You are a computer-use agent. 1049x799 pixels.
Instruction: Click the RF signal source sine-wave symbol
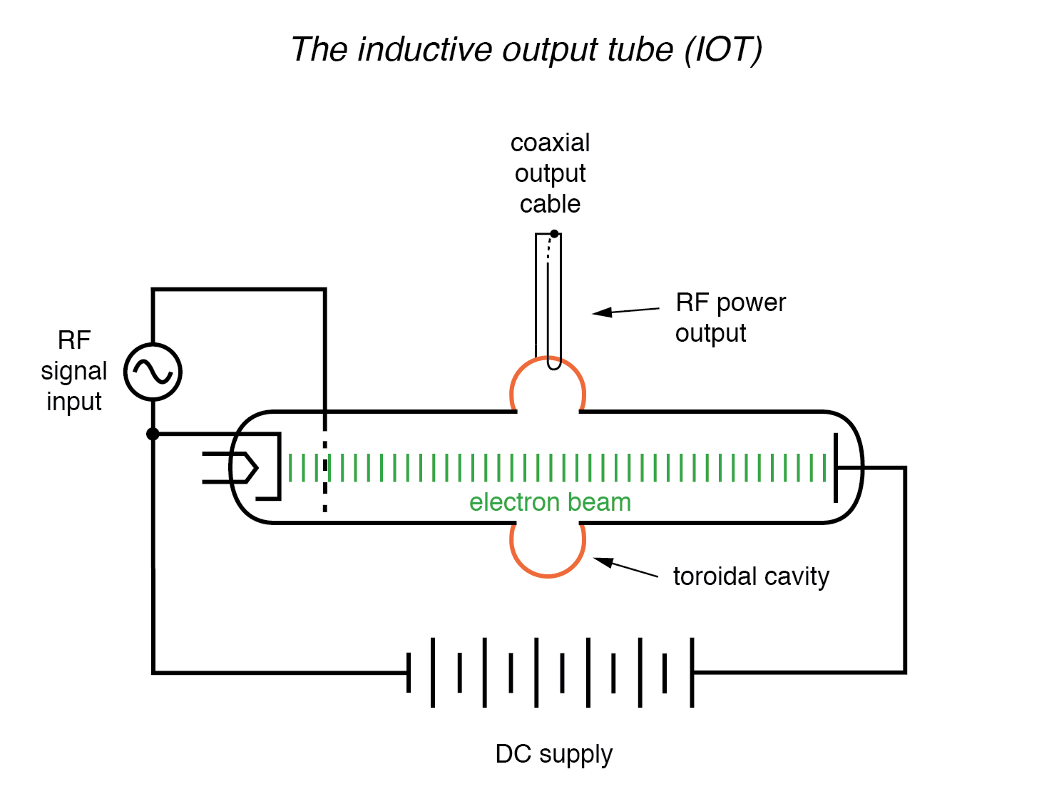point(153,372)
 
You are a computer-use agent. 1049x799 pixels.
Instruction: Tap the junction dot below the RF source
point(153,434)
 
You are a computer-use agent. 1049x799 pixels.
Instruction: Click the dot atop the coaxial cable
point(554,233)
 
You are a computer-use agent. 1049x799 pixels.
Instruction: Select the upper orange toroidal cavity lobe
point(548,382)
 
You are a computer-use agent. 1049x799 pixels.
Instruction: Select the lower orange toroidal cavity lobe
point(548,553)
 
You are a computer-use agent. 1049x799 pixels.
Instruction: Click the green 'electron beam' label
point(550,502)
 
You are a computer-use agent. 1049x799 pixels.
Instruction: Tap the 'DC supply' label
point(554,754)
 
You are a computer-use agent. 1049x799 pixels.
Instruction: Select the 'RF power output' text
point(730,317)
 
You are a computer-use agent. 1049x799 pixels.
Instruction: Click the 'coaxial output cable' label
point(550,173)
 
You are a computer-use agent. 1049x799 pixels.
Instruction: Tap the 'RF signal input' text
point(74,371)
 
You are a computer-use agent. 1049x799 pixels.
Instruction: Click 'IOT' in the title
point(724,50)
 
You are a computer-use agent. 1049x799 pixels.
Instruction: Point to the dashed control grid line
point(325,471)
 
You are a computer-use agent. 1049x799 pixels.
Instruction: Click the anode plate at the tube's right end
point(836,468)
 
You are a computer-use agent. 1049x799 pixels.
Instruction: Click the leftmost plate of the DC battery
point(409,672)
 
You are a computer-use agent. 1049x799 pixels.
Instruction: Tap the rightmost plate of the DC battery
point(692,672)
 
